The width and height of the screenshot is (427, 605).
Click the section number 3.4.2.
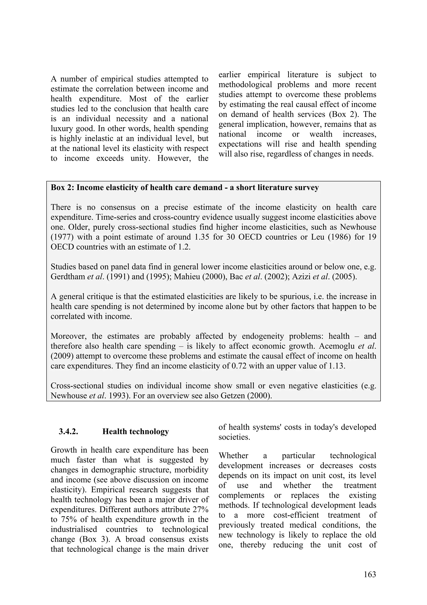click(68, 432)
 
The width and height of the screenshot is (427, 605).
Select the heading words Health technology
click(136, 432)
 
